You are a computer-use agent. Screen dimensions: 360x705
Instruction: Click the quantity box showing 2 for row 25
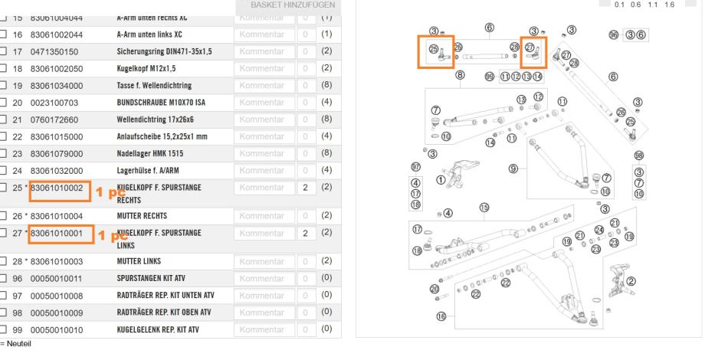point(306,187)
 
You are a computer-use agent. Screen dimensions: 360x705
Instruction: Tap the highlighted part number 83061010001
point(58,233)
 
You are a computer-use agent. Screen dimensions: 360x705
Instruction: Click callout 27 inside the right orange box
point(530,46)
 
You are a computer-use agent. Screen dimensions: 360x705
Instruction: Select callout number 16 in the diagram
point(441,316)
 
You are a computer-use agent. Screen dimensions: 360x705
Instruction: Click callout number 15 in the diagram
point(484,207)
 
